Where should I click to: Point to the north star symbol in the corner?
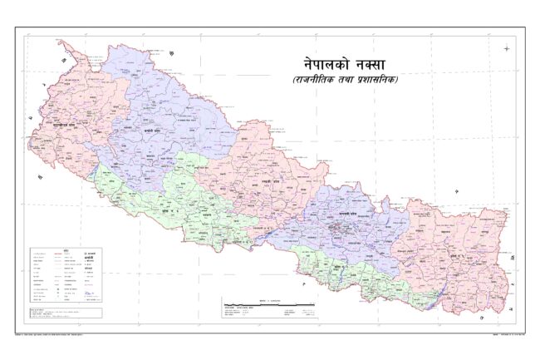(507, 48)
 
